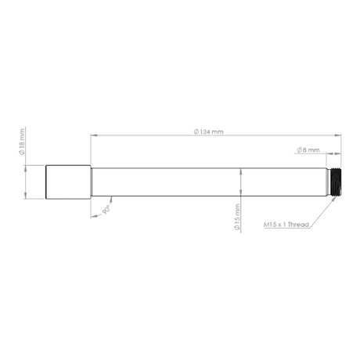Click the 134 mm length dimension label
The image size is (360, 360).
[208, 131]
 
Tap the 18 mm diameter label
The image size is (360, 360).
[22, 142]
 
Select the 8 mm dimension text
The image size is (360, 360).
[308, 150]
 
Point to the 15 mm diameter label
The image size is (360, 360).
[237, 217]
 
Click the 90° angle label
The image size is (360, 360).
[106, 210]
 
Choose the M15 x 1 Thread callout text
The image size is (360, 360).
[286, 225]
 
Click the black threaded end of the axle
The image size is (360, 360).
[336, 182]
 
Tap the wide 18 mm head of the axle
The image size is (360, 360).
[68, 182]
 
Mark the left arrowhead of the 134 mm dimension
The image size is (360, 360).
[94, 135]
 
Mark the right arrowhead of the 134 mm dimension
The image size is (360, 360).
[338, 135]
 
